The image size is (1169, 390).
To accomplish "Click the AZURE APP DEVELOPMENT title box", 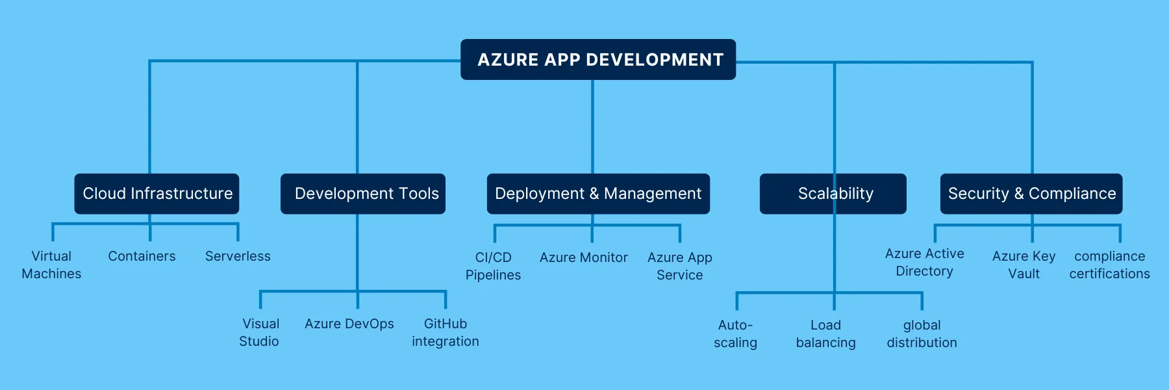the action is (598, 60).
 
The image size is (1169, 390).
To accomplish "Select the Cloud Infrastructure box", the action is (157, 194).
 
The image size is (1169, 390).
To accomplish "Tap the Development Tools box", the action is (363, 194).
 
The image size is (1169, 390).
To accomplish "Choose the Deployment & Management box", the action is (598, 194).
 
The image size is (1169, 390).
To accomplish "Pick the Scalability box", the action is (833, 194).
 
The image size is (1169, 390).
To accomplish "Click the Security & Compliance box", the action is (1031, 194).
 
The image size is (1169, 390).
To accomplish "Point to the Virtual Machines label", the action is (51, 265).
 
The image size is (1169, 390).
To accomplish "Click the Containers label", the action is (142, 256).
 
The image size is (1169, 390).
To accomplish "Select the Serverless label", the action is (238, 256).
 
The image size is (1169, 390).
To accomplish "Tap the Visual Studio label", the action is (260, 333).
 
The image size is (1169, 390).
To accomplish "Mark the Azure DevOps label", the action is (349, 324).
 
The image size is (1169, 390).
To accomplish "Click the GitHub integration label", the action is (446, 333).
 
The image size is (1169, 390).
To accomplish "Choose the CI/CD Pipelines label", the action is (493, 266).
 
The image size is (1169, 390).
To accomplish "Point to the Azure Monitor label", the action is (584, 257).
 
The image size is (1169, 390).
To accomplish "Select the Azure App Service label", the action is (680, 266).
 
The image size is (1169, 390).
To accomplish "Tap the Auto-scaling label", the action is (736, 334).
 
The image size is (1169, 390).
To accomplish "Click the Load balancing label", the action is (826, 334).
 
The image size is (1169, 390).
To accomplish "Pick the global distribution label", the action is (922, 334).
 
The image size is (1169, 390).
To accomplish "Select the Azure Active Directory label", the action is (925, 263).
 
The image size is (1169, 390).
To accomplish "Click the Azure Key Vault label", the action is (1024, 265).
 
